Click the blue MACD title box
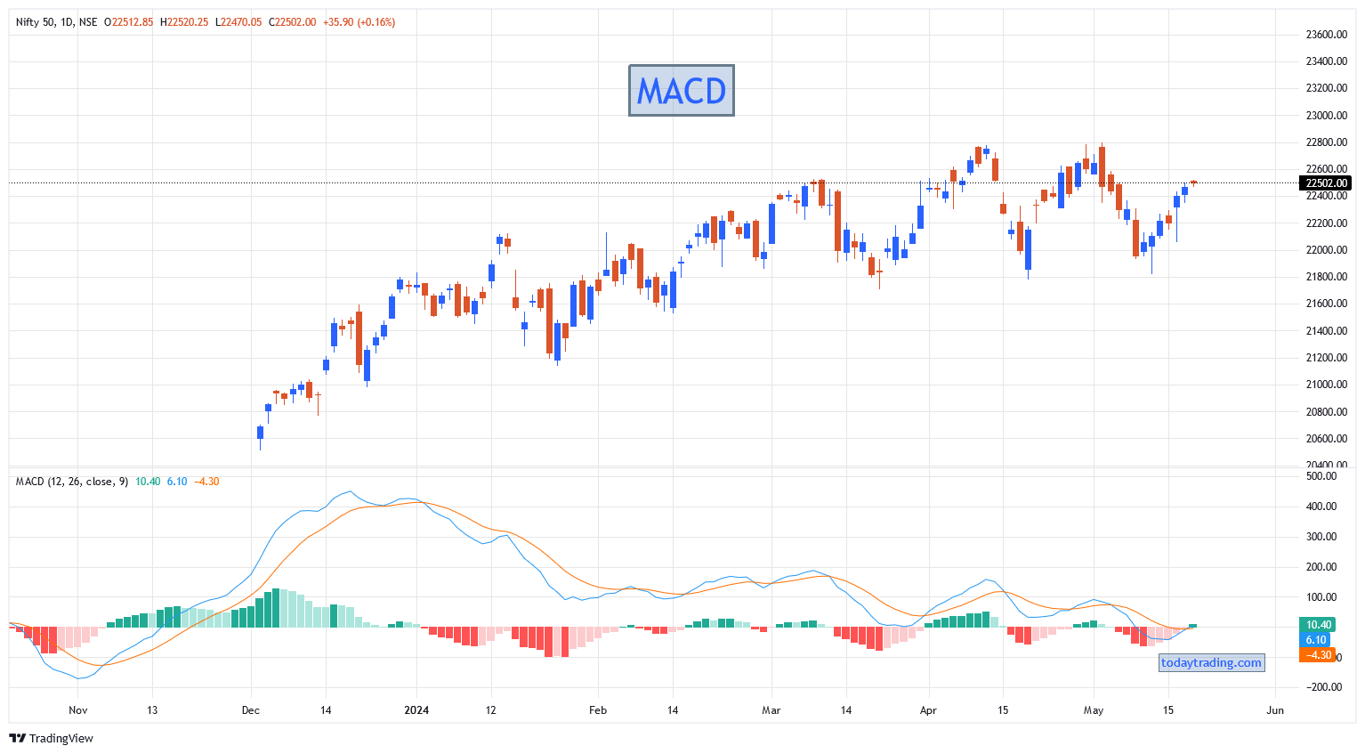(x=682, y=90)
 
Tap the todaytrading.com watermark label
(x=1211, y=662)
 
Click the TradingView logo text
(x=61, y=738)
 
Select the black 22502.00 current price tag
(x=1325, y=182)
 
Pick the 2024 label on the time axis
(x=416, y=710)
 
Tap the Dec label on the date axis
(x=250, y=710)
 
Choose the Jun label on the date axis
(x=1275, y=710)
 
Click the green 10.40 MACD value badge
(x=1318, y=624)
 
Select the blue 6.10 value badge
(x=1315, y=640)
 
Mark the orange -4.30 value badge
(x=1318, y=655)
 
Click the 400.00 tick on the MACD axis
(x=1321, y=507)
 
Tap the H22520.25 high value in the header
(x=184, y=22)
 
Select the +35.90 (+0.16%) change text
(x=359, y=22)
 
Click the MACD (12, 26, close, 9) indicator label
(x=72, y=482)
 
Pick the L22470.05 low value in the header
(x=238, y=22)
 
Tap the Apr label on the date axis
(x=928, y=710)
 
